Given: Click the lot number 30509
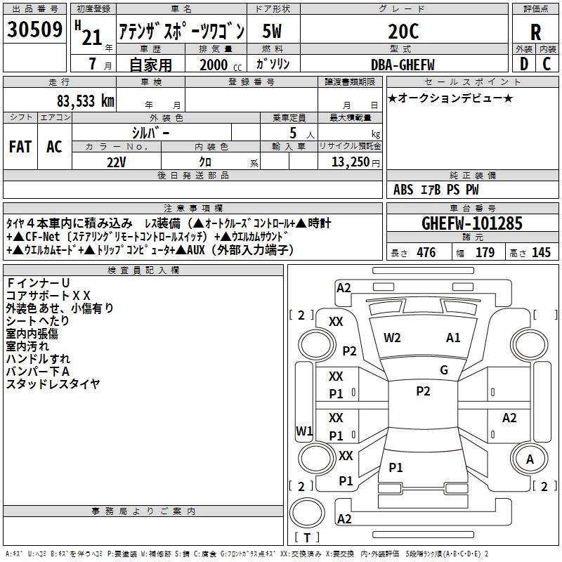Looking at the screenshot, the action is click(34, 30).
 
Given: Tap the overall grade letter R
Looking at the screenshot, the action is click(535, 32).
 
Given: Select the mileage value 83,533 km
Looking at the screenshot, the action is click(86, 101).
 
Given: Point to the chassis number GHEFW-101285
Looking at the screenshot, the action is click(472, 223).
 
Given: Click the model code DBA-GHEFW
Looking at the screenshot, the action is click(403, 65).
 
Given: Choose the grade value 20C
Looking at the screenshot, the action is click(403, 32).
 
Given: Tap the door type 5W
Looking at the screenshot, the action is click(272, 31).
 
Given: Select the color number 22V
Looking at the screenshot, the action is click(116, 162).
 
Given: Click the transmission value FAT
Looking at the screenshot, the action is click(20, 147).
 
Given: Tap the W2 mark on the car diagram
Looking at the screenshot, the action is click(392, 338).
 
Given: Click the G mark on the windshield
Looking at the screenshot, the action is click(444, 370).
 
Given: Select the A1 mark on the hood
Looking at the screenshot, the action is click(453, 338).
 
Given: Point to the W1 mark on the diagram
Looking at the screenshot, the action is click(304, 431).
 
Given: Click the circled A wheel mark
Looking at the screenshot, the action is click(530, 459).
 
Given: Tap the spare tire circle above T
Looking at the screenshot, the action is click(307, 513).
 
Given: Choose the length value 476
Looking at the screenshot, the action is click(426, 252).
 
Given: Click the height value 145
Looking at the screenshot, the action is click(541, 252).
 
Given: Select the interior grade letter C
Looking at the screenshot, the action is click(547, 64).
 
